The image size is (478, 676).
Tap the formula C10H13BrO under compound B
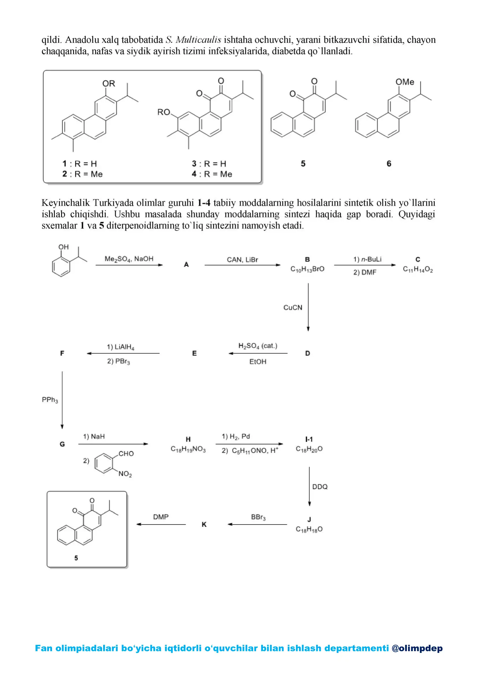[307, 269]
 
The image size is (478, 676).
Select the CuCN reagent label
[292, 308]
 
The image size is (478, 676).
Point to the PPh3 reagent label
[50, 400]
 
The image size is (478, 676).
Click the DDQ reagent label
[320, 487]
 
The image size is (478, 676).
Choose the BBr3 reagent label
[258, 517]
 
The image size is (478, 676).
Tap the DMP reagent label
[161, 517]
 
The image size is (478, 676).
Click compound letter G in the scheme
[62, 444]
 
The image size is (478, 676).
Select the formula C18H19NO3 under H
[188, 449]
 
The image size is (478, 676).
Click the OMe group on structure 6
[405, 82]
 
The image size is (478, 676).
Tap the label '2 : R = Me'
[82, 174]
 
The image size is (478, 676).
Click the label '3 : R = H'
[209, 164]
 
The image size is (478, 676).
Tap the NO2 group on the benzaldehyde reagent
[125, 474]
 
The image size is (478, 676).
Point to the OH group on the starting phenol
[63, 247]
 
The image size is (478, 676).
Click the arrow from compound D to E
[258, 353]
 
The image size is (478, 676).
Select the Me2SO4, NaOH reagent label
[129, 259]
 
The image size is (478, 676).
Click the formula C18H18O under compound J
[309, 529]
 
